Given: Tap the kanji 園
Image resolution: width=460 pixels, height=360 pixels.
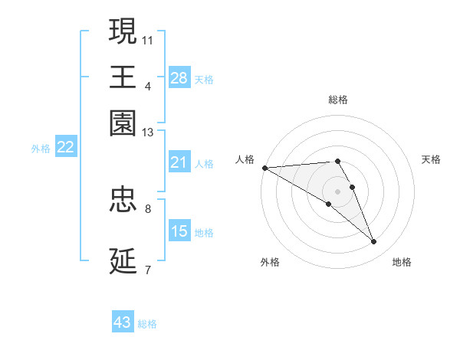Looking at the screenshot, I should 123,123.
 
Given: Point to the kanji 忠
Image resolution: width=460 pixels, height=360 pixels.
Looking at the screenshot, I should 123,199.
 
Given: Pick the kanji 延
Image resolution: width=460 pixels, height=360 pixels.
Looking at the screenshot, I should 123,260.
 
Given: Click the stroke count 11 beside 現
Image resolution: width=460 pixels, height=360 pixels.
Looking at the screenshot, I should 148,38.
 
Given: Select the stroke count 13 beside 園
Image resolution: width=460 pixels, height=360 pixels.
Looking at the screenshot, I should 148,133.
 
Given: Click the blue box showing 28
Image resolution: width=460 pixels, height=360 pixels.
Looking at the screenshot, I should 179,78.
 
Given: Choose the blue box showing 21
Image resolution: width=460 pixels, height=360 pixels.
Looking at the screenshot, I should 179,162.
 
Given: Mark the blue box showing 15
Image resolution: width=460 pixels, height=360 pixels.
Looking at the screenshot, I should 179,231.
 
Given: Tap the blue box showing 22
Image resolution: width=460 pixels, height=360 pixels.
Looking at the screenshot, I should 65,148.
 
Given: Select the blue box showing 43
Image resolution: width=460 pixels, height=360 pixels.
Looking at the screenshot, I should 123,322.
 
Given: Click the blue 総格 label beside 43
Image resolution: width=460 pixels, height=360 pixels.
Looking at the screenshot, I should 148,324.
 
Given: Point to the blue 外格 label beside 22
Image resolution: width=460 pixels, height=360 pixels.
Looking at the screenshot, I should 41,149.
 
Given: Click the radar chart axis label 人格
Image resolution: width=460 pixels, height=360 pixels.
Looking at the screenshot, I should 245,159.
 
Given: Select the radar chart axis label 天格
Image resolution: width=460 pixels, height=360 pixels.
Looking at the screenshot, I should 431,159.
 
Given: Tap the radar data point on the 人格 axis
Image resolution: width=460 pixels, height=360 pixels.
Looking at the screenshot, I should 264,167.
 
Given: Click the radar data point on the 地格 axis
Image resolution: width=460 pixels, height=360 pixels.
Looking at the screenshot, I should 373,242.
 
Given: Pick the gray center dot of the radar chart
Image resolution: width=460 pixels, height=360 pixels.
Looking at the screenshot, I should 337,191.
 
